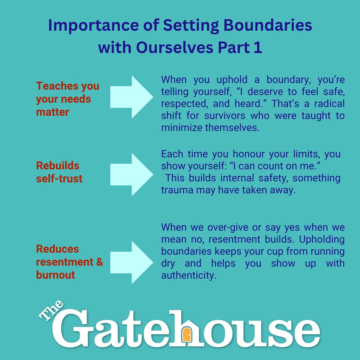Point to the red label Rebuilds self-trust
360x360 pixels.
click(59, 172)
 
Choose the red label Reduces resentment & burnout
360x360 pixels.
click(69, 262)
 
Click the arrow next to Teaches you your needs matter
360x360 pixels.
click(132, 97)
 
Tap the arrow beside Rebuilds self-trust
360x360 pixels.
click(132, 174)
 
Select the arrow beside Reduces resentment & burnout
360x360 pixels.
click(132, 262)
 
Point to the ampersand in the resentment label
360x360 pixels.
click(100, 262)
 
